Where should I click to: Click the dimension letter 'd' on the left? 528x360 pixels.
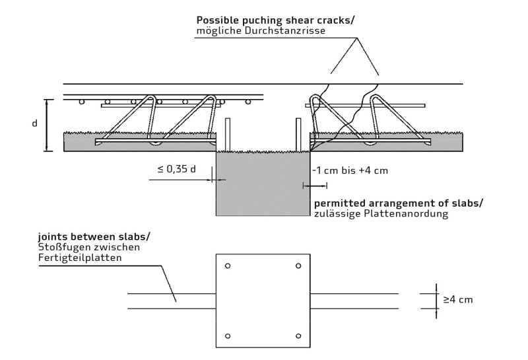[x=34, y=124]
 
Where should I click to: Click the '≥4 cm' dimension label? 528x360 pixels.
[x=457, y=299]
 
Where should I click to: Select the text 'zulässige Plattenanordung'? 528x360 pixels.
[x=381, y=215]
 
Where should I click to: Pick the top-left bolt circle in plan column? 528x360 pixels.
[x=228, y=266]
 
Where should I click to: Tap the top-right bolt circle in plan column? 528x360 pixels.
[x=298, y=266]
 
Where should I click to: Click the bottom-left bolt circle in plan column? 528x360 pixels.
[x=228, y=336]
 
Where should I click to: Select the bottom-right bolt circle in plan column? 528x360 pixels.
[x=298, y=336]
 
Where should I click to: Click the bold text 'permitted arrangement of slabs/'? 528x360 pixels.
[x=398, y=203]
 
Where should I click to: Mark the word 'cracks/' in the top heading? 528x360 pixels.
[x=337, y=20]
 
